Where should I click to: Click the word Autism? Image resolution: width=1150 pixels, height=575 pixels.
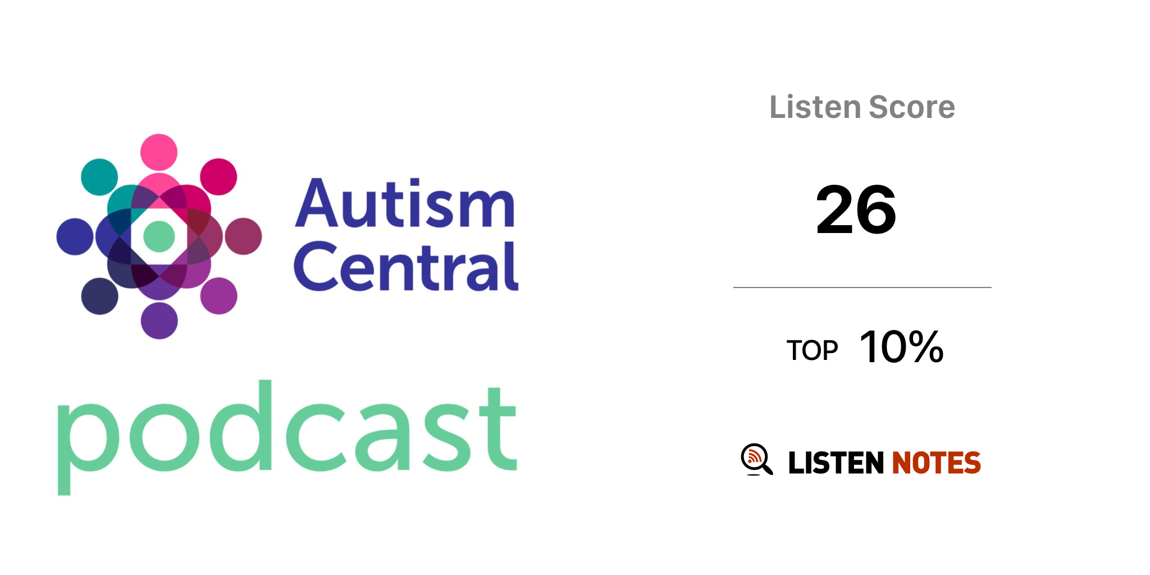(x=405, y=203)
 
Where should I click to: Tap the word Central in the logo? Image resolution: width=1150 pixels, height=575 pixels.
(x=406, y=267)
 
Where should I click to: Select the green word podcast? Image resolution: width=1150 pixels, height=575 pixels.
(x=287, y=437)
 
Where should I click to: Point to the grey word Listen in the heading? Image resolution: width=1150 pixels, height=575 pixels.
(x=815, y=107)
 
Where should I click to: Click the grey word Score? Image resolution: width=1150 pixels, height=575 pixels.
(x=911, y=107)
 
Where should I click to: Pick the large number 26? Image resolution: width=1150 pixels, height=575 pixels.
(x=856, y=210)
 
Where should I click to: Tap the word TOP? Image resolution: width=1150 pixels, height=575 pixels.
(x=812, y=350)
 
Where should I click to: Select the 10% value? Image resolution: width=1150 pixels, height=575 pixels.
(x=901, y=347)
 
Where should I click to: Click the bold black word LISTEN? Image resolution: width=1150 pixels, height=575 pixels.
(x=836, y=463)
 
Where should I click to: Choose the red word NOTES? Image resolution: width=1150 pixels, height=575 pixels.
(x=936, y=463)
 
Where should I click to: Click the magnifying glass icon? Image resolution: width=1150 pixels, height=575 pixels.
(x=756, y=459)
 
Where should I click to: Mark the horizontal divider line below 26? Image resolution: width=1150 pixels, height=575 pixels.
(x=862, y=287)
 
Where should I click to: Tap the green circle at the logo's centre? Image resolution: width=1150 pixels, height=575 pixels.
(x=159, y=236)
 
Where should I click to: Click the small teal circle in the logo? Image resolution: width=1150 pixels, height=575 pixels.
(x=99, y=177)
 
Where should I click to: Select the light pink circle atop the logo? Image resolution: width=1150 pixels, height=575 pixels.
(x=159, y=152)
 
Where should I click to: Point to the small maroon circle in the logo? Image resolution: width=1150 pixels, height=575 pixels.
(x=243, y=236)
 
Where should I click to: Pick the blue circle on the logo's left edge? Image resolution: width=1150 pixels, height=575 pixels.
(x=75, y=236)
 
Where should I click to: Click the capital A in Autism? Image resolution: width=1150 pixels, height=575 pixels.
(x=317, y=203)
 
